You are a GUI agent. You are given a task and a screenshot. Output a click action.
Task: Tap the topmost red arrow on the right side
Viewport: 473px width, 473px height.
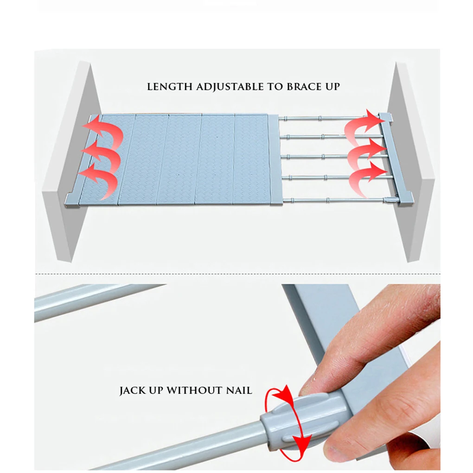tap(364, 127)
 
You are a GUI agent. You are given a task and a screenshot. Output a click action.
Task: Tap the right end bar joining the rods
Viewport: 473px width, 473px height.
tap(395, 159)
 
